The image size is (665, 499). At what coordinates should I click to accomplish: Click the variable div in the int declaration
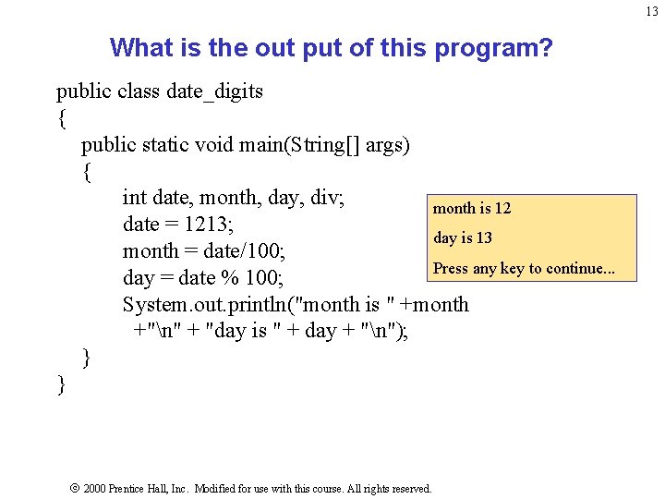pos(324,198)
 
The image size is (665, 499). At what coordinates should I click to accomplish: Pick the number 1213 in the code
pos(209,225)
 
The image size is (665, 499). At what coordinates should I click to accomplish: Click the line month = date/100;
pos(203,251)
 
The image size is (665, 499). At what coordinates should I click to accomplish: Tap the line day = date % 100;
pos(203,278)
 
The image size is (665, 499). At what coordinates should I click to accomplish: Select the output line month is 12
pos(472,209)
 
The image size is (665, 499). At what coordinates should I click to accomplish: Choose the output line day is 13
pos(463,238)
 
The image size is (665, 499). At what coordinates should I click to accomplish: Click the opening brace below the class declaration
pos(62,118)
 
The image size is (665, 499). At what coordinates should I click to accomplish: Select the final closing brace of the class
pos(62,384)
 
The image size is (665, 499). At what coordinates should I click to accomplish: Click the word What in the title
pos(138,47)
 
